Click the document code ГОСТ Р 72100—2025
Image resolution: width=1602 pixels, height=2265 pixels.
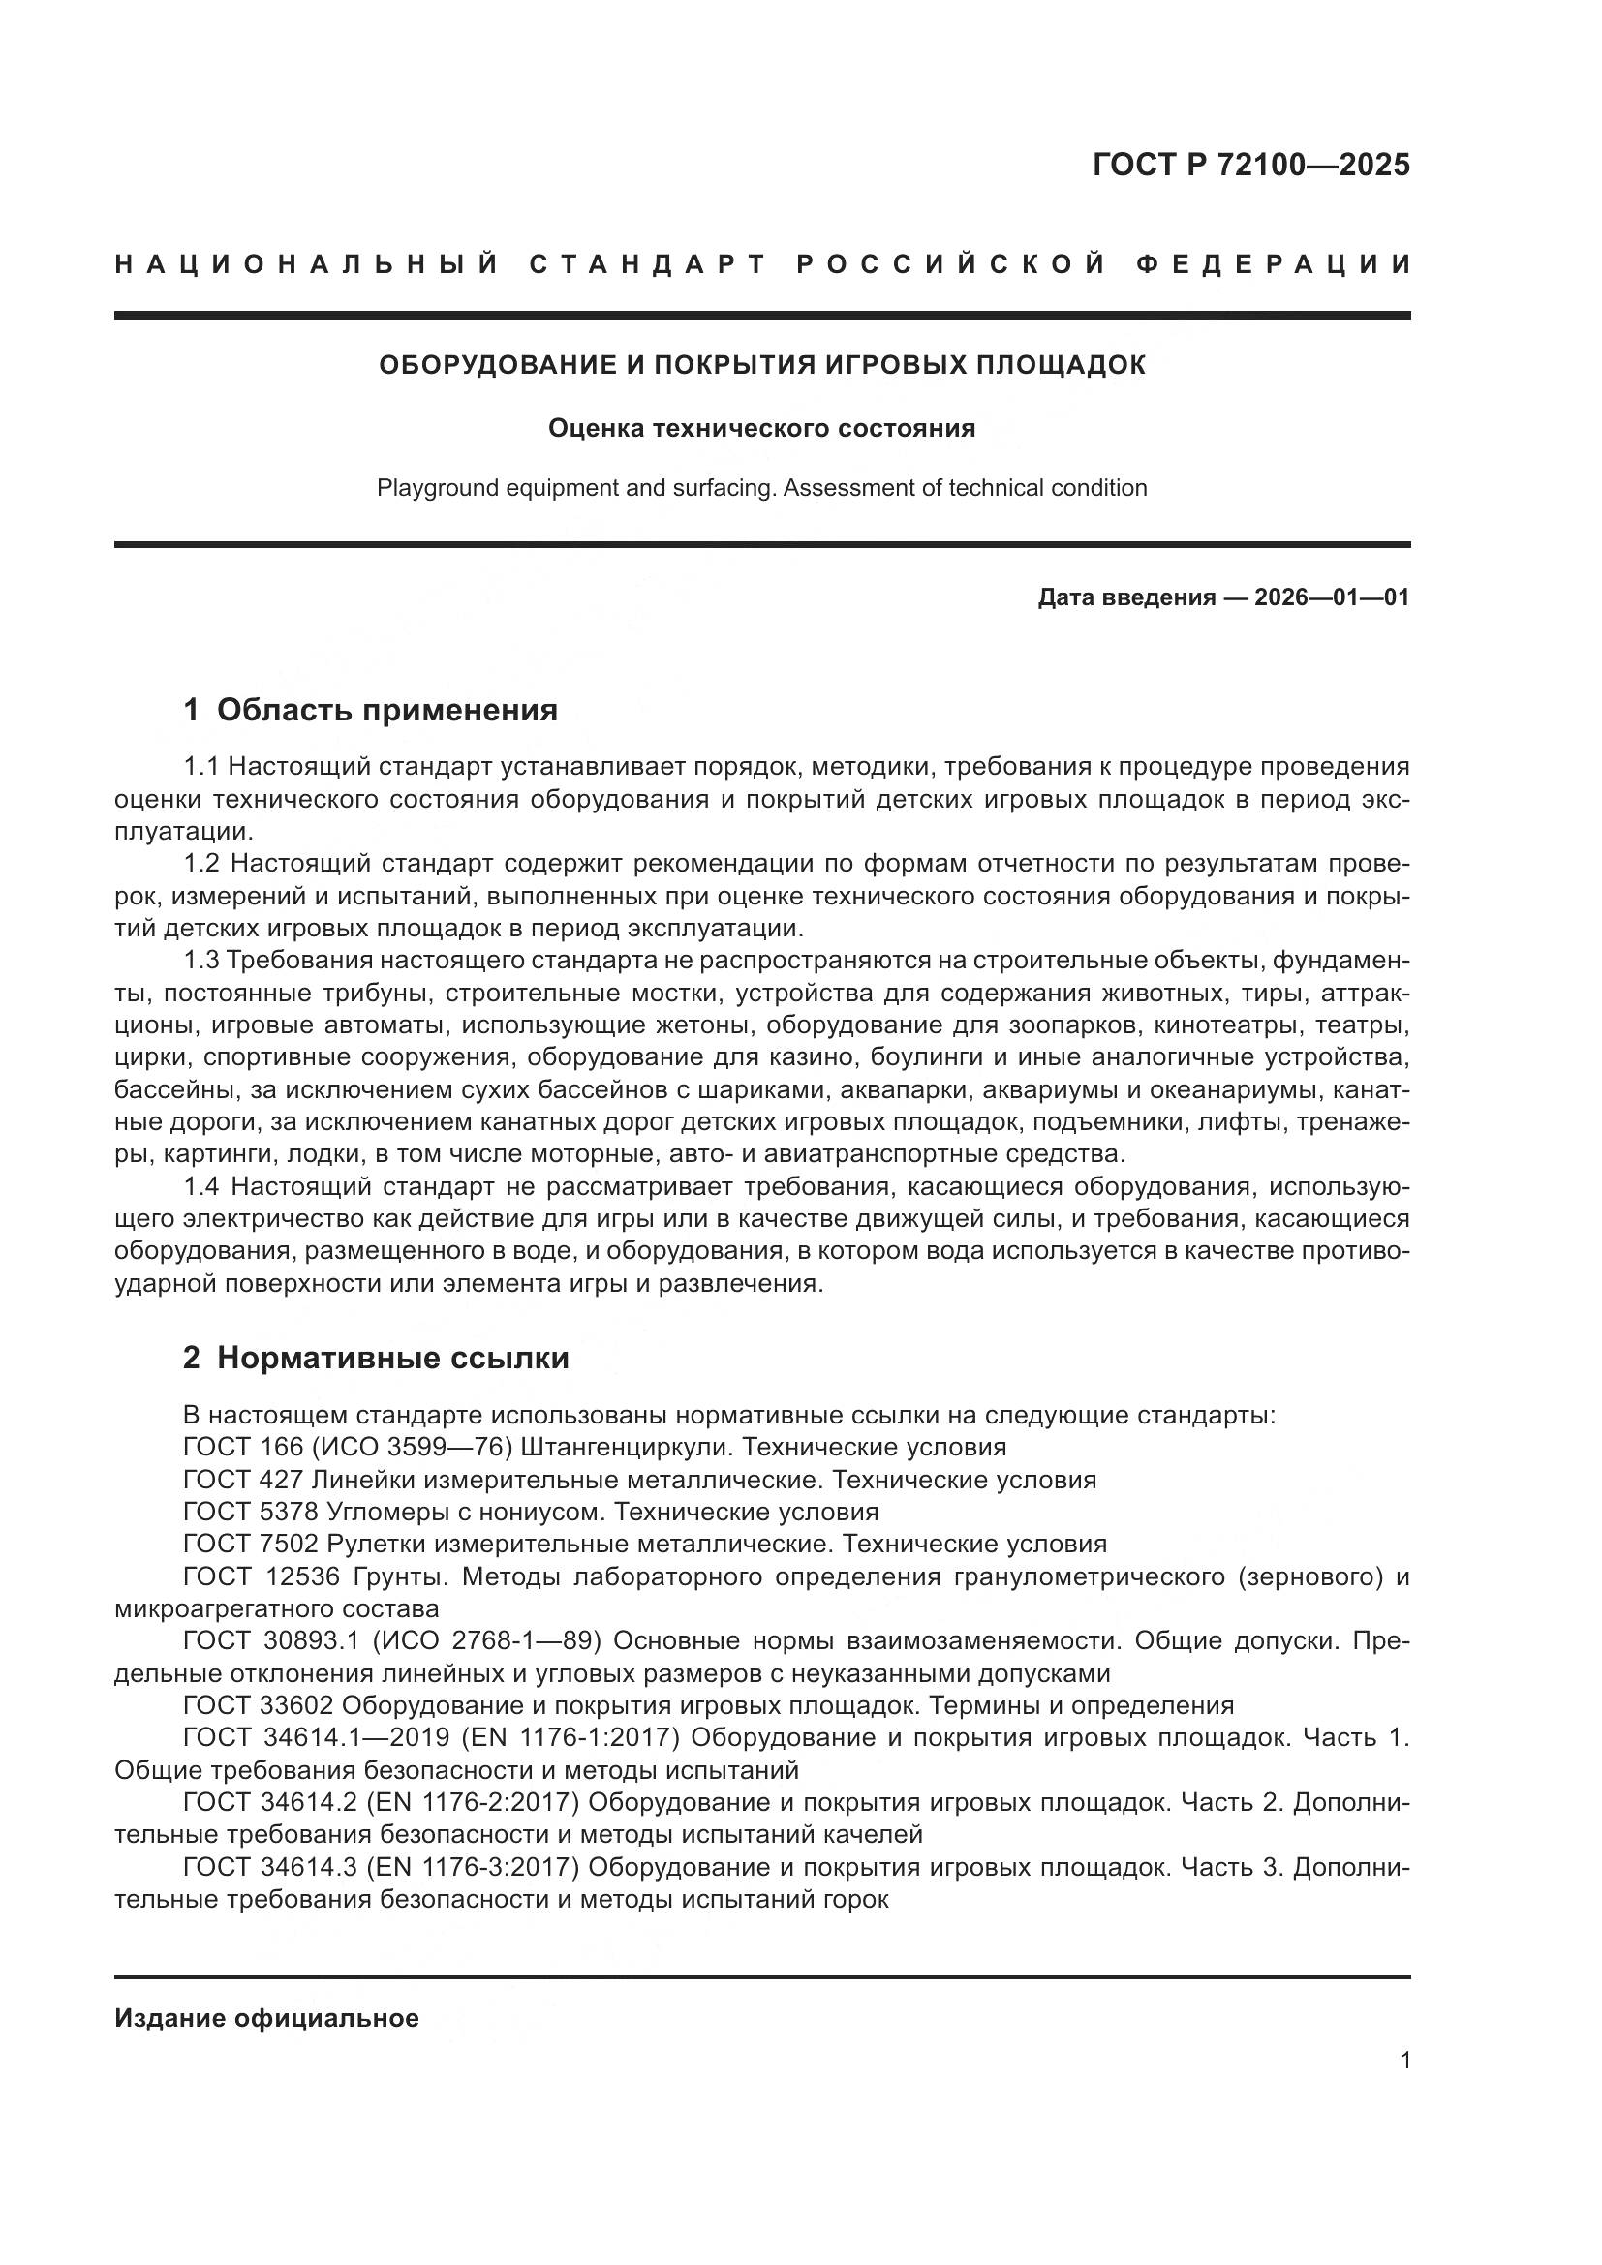tap(1250, 165)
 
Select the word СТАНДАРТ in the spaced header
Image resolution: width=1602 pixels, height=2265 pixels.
tap(648, 264)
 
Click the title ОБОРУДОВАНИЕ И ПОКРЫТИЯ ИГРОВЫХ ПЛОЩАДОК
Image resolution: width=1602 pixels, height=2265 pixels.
tap(762, 365)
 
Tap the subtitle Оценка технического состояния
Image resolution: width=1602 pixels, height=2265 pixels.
tap(761, 428)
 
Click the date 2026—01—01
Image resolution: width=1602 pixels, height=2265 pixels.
tap(1332, 597)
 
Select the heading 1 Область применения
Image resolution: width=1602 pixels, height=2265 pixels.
tap(371, 709)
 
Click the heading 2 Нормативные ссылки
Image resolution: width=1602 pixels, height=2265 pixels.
tap(376, 1358)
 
